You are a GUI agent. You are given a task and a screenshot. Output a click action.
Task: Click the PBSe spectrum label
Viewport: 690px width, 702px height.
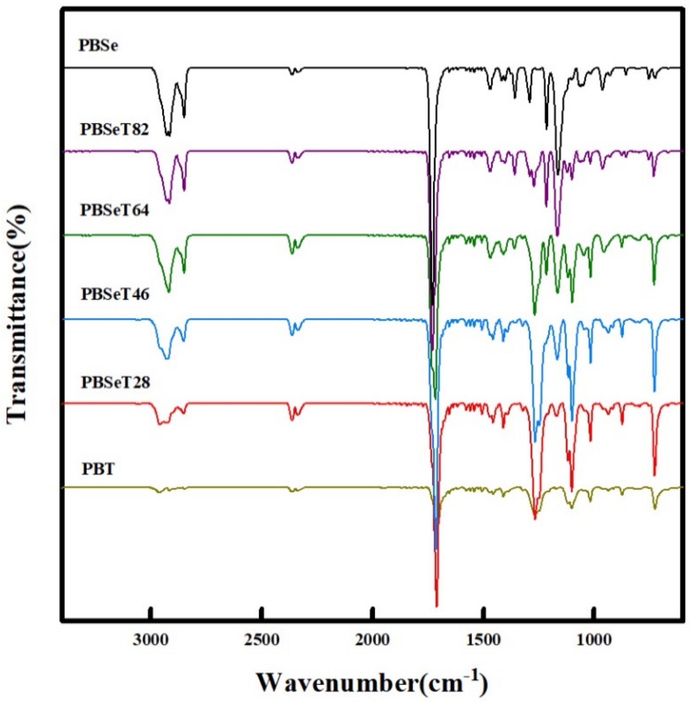pyautogui.click(x=98, y=46)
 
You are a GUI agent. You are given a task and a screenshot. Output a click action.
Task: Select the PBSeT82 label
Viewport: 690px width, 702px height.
pyautogui.click(x=115, y=129)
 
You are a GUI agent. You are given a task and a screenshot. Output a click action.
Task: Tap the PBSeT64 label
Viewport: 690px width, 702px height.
pyautogui.click(x=115, y=210)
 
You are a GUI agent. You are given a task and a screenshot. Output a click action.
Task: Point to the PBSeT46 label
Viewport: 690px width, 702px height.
pyautogui.click(x=115, y=294)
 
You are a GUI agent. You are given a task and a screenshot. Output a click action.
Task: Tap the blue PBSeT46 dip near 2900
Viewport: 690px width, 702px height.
pyautogui.click(x=167, y=358)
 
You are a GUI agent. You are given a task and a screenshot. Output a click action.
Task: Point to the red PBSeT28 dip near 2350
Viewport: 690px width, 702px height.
pyautogui.click(x=292, y=420)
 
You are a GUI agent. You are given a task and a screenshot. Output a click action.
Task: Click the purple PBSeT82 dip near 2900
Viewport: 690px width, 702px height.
pyautogui.click(x=168, y=202)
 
